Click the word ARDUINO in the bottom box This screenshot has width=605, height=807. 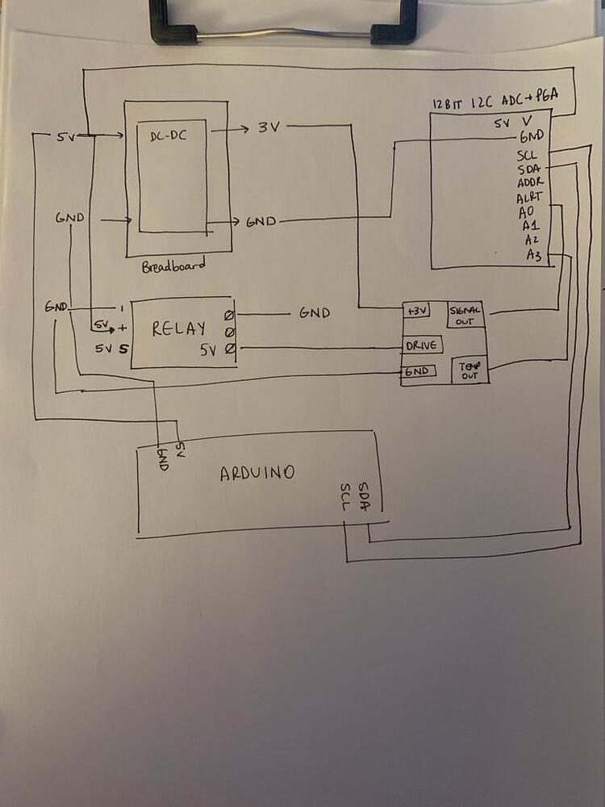coord(257,473)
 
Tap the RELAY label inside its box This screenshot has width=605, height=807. coord(178,329)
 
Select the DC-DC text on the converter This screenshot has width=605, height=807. coord(169,136)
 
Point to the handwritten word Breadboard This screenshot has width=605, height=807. coord(173,266)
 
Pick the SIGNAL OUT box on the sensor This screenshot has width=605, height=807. coord(465,313)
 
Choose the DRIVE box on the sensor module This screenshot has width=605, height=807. coord(421,345)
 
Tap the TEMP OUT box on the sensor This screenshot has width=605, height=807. coord(469,370)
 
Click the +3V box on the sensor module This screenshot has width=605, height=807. coord(418,311)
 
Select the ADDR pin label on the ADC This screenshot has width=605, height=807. coord(531,182)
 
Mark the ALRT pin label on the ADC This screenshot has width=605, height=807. coord(530,197)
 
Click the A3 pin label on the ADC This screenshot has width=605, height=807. coord(533,255)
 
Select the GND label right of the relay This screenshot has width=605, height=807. coord(314,312)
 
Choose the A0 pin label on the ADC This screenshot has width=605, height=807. coord(528,212)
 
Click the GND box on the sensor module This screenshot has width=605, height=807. coord(419,371)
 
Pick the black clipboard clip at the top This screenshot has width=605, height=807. coord(283,23)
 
